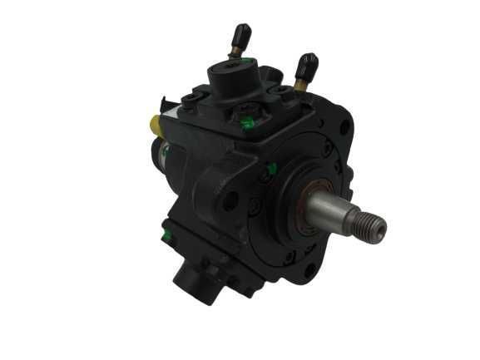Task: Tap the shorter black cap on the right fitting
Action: (x=307, y=63)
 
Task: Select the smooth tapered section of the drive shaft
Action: (x=337, y=215)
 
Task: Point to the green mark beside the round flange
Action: (x=271, y=170)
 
